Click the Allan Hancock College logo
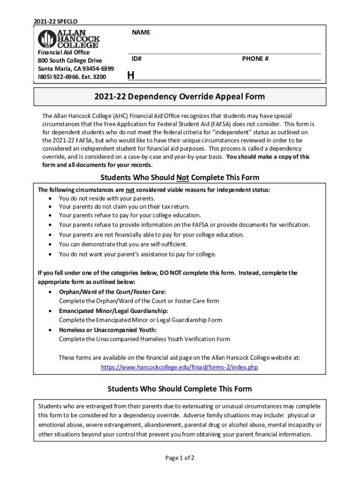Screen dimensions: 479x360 68,39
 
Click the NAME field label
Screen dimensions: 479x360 141,32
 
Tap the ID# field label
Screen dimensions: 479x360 137,59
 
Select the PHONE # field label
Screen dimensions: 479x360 255,59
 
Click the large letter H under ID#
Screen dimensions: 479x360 131,75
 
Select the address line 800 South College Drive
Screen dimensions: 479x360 70,61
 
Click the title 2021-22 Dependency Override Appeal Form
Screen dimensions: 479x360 180,97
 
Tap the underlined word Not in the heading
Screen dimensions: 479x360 182,178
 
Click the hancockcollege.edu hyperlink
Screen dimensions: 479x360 180,367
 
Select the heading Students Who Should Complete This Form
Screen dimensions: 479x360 180,389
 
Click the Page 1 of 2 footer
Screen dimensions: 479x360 180,457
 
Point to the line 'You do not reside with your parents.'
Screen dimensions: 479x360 107,198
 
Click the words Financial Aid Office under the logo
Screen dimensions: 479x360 64,53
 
